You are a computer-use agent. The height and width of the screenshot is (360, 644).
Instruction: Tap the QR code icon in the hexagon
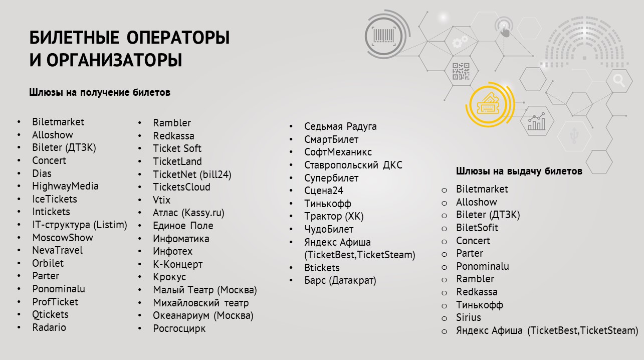(461, 71)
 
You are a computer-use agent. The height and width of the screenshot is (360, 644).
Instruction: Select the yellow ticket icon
(488, 103)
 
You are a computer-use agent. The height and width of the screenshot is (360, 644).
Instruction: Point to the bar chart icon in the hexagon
(536, 121)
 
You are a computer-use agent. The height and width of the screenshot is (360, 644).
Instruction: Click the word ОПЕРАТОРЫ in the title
(178, 38)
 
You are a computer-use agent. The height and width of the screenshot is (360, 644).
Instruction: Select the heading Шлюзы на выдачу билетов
(519, 171)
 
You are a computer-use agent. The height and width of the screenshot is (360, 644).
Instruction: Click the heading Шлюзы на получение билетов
(99, 92)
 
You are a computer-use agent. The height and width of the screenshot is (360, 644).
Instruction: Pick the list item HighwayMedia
(65, 187)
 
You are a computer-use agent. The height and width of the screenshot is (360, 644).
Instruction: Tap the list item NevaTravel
(57, 250)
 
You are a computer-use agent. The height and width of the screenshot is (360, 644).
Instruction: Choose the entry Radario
(49, 327)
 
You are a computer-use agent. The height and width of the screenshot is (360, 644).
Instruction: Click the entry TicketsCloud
(181, 187)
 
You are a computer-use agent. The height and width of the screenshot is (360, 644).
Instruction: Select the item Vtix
(161, 200)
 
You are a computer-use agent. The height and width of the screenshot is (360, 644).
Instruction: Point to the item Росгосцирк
(179, 328)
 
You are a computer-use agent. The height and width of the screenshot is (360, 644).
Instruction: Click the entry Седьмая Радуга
(340, 126)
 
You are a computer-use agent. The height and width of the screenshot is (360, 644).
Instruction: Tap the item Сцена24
(324, 191)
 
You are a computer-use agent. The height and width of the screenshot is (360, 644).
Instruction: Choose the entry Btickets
(322, 268)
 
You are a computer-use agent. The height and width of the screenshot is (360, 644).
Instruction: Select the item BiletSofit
(477, 228)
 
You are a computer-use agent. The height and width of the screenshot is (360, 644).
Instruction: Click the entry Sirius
(468, 317)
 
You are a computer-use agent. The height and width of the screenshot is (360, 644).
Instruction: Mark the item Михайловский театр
(200, 303)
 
